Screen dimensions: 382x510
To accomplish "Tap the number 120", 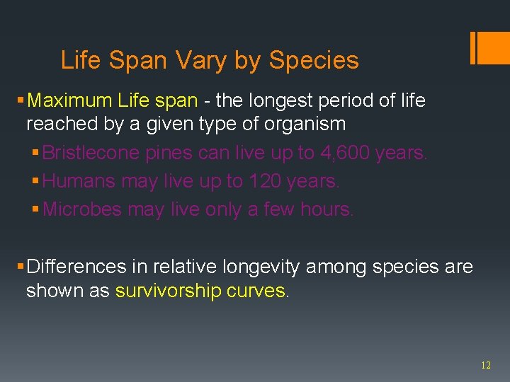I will point(264,182).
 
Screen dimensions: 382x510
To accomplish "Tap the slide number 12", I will point(485,366).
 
